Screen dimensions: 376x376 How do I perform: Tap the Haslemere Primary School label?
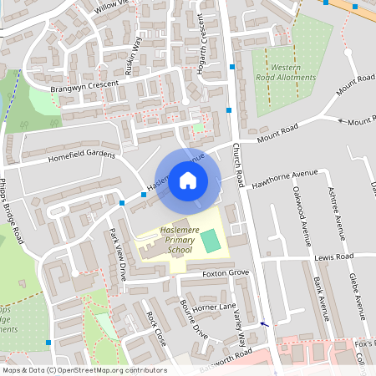pyautogui.click(x=168, y=242)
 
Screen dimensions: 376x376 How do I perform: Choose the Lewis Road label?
pyautogui.click(x=334, y=257)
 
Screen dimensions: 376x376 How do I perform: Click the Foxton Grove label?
pyautogui.click(x=226, y=273)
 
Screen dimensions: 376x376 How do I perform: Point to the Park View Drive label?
pyautogui.click(x=117, y=252)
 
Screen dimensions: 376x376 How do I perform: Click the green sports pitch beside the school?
pyautogui.click(x=211, y=241)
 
